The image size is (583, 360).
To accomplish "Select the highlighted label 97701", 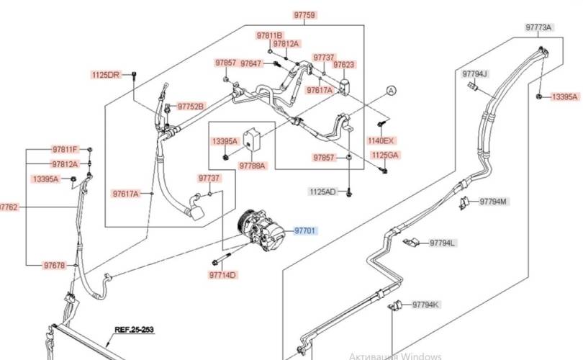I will tap(304, 230).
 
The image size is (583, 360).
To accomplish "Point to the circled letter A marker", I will tap(391, 90).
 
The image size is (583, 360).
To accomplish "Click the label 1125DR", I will tap(106, 74).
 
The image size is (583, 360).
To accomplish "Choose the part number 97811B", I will tap(270, 35).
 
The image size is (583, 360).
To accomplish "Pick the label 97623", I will tap(343, 65).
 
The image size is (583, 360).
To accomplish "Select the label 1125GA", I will tap(385, 155).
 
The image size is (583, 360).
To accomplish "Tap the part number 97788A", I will tap(253, 166).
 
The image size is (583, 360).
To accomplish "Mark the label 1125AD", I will tap(322, 192).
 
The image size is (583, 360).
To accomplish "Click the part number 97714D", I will tap(223, 275).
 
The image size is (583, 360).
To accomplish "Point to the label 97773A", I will tap(538, 27).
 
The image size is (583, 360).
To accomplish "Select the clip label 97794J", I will tap(475, 73).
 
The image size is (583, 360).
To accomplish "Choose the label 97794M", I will tap(493, 201).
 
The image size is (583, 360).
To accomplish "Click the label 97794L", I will tap(443, 243).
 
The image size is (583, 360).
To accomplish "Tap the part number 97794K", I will tap(425, 305).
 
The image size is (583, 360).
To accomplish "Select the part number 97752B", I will tap(191, 107).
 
